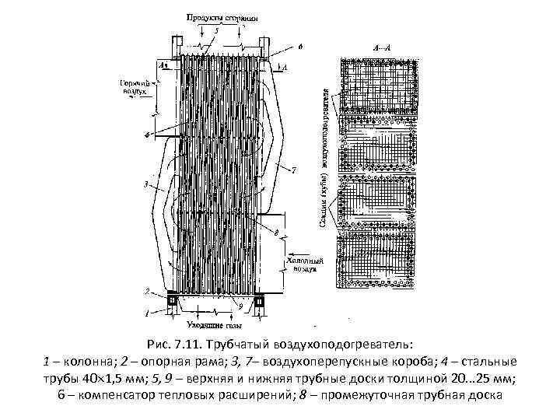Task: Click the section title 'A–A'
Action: coord(383,48)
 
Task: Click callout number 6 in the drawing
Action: coord(300,47)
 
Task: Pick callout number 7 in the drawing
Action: coord(293,170)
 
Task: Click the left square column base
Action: coord(172,299)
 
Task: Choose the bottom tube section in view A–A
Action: coord(376,264)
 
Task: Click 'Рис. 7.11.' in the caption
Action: coord(173,344)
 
